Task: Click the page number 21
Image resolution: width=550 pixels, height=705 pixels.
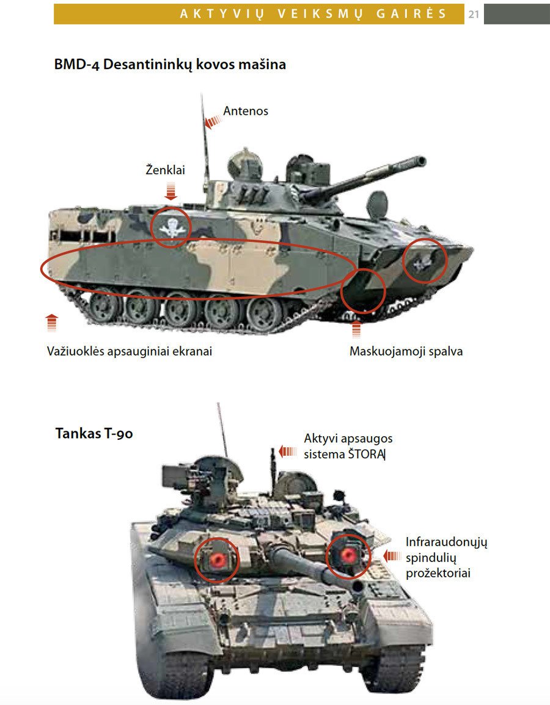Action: point(474,14)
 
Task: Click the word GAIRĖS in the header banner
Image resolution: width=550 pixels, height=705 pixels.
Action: point(411,13)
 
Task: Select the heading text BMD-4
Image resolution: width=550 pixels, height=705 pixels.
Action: point(76,64)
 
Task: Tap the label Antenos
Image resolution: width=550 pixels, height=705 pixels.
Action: point(246,111)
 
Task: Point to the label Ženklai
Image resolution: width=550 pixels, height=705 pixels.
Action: point(165,169)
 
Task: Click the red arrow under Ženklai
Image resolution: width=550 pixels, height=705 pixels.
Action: point(170,191)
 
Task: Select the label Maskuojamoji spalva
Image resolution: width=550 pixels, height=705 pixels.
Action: point(406,351)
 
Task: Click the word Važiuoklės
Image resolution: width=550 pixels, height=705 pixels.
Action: point(75,351)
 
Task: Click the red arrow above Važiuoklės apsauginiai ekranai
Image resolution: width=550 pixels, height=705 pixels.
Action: point(52,323)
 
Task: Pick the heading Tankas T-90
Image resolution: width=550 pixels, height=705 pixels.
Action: point(94,433)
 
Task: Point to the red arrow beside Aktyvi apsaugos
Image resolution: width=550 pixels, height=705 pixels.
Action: point(288,451)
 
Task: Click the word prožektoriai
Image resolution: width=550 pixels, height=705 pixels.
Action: point(438,573)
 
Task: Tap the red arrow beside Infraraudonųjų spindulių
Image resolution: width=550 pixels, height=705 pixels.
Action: point(392,556)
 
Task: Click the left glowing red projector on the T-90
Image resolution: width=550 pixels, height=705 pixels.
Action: point(218,560)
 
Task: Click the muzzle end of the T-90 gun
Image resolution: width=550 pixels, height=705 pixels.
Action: point(358,585)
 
